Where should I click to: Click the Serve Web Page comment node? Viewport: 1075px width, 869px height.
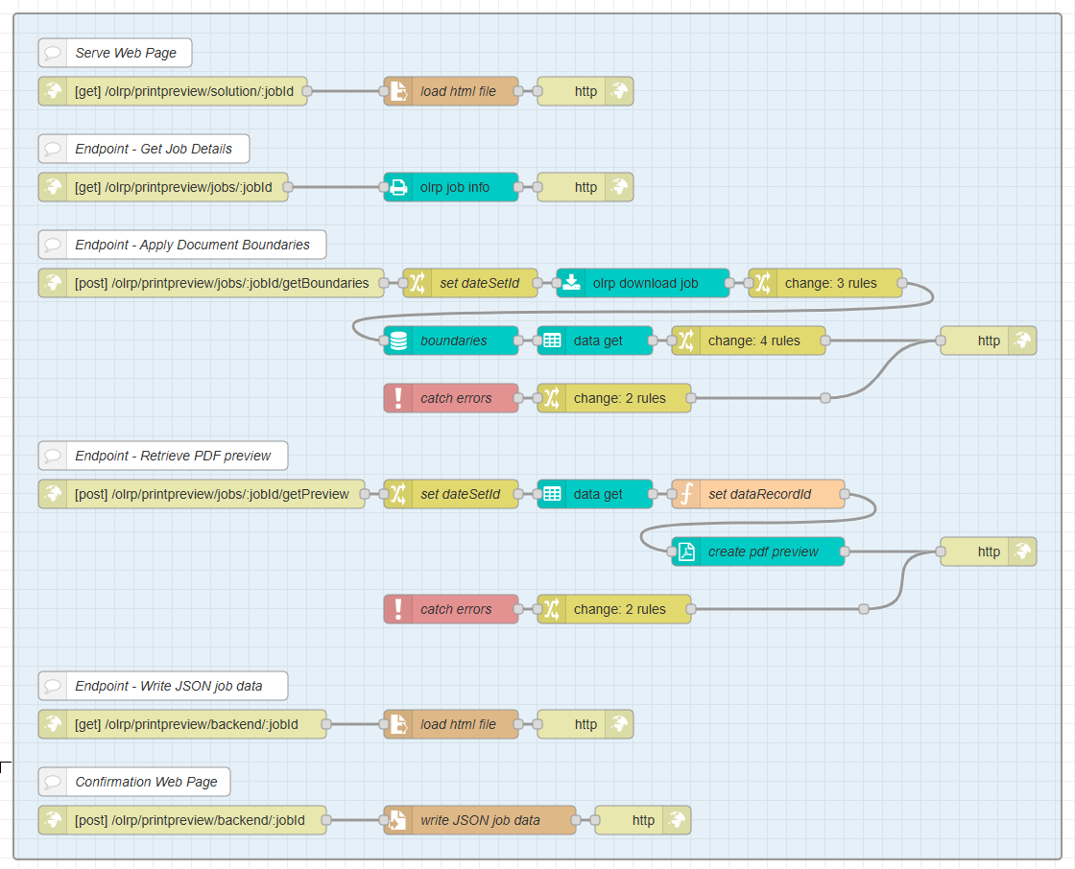(115, 53)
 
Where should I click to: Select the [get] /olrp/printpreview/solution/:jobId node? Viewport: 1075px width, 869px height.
(173, 91)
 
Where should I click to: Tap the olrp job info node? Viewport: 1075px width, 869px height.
(451, 187)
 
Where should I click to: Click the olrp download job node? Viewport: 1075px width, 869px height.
(643, 283)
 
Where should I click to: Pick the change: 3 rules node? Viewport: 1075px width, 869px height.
(825, 283)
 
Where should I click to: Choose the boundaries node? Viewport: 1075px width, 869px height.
(451, 341)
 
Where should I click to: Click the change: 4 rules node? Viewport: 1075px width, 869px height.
(749, 341)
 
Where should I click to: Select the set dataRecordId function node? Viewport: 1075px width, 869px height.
(758, 494)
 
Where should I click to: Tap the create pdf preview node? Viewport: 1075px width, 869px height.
(758, 552)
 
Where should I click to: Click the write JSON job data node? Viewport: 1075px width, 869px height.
(480, 820)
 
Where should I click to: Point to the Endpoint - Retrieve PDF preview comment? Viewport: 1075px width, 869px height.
(163, 456)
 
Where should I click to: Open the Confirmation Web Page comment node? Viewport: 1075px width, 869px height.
(134, 782)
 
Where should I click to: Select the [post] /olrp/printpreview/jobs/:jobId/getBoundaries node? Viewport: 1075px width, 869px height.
(211, 283)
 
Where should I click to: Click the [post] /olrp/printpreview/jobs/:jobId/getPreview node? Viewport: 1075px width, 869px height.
(202, 494)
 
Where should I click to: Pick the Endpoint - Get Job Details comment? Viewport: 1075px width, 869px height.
(144, 149)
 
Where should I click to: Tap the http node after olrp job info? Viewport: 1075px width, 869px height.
(585, 187)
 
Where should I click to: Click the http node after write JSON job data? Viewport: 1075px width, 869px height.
(643, 820)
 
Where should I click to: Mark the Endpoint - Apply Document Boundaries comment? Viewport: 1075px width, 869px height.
(182, 245)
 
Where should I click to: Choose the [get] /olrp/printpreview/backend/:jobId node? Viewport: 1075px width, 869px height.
(182, 724)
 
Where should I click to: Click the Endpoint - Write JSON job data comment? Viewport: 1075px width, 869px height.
(163, 686)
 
